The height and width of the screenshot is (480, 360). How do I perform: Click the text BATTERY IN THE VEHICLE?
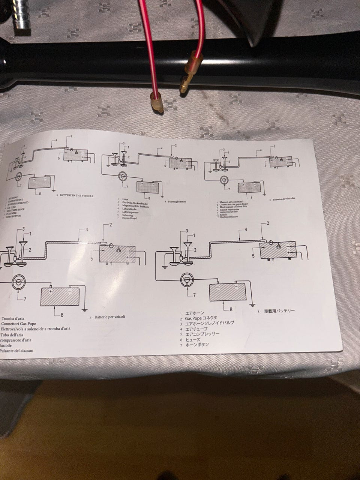pyautogui.click(x=76, y=196)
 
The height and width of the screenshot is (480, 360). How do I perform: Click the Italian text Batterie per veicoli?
pyautogui.click(x=109, y=317)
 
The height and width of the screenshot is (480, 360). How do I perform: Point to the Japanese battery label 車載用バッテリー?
pyautogui.click(x=279, y=311)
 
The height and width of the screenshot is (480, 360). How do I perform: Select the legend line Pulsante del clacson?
pyautogui.click(x=16, y=351)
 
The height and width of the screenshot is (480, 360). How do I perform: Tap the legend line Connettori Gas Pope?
pyautogui.click(x=19, y=324)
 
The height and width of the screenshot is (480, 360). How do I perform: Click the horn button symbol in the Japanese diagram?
pyautogui.click(x=186, y=279)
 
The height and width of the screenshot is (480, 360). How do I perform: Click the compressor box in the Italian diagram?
pyautogui.click(x=117, y=254)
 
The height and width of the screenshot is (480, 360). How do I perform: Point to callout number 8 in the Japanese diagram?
pyautogui.click(x=231, y=309)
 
